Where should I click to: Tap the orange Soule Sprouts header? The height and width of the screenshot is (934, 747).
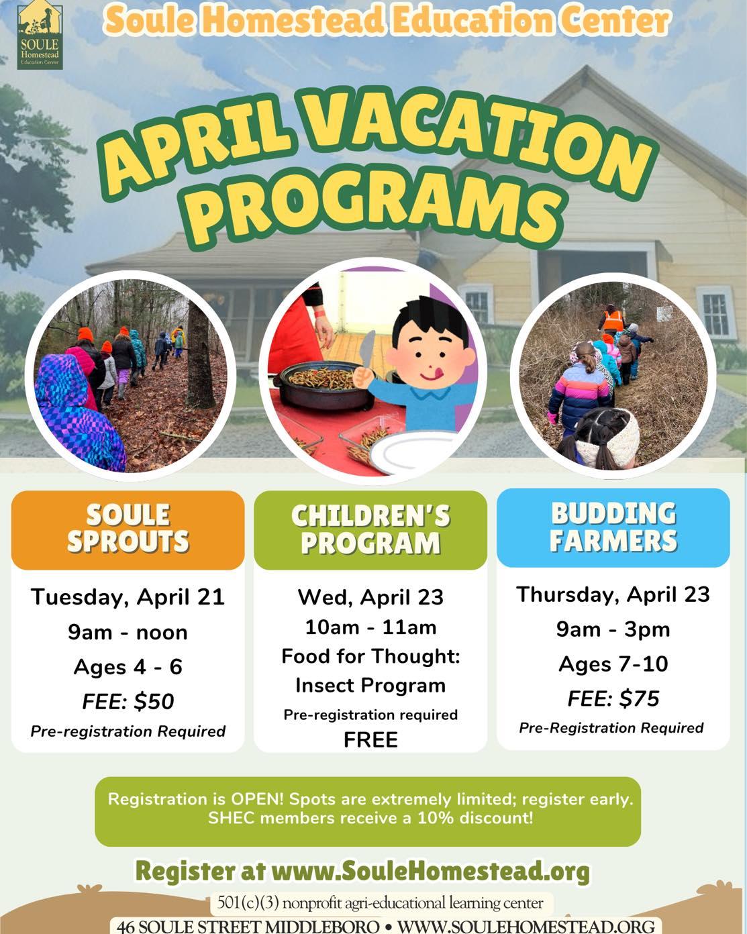click(128, 529)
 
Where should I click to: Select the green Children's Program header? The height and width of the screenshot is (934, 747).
click(370, 530)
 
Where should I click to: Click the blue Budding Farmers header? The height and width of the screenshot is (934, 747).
click(613, 527)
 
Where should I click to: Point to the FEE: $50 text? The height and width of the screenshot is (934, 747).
click(128, 701)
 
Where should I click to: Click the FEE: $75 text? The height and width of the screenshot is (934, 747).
click(613, 698)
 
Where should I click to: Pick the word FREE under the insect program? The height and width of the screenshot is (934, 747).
click(370, 739)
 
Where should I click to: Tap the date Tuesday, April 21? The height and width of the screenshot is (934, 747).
click(128, 596)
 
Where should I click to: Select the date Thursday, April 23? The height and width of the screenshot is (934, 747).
click(613, 594)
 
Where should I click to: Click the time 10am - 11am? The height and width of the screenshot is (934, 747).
click(370, 627)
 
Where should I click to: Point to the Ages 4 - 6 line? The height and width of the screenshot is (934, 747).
click(128, 666)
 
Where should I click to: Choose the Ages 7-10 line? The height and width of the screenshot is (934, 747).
click(613, 664)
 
